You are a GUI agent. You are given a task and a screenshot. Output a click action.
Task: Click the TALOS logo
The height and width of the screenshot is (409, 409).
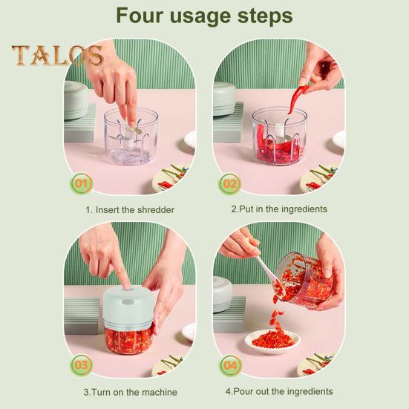pos(57,55)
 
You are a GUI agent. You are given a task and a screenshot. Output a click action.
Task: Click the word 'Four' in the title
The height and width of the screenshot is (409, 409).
pos(140,16)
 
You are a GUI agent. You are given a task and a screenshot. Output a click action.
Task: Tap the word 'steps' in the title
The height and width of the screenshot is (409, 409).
pos(265,16)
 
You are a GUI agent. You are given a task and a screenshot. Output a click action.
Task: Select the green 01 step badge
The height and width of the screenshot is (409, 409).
pos(81,183)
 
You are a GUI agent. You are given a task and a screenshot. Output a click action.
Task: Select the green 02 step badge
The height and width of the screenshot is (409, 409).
pos(229,184)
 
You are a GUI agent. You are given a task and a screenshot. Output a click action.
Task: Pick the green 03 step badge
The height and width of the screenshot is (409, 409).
pos(81,365)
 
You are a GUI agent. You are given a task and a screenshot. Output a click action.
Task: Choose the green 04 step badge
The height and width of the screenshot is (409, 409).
pos(230,365)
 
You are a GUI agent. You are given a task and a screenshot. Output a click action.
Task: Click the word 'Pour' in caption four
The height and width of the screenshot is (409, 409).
pos(243,391)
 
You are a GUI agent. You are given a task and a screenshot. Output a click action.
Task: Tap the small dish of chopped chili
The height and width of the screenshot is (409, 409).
pos(272,341)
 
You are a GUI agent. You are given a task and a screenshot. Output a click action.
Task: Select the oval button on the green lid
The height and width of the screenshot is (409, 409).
pos(128,302)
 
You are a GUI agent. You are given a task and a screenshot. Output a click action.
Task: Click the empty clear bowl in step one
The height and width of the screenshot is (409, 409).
pos(131,136)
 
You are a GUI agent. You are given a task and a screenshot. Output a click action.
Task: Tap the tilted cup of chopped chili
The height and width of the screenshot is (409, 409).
pos(304,280)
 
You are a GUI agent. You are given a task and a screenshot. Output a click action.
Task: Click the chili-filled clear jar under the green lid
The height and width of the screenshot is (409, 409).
pos(128,341)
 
